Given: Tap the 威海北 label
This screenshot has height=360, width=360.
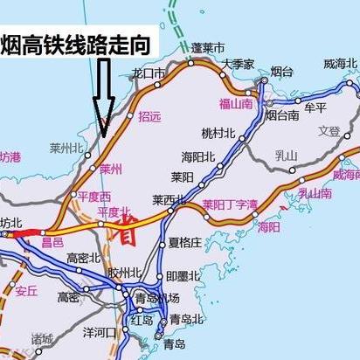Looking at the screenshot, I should (341, 64).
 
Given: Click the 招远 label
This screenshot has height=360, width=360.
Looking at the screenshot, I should (150, 116).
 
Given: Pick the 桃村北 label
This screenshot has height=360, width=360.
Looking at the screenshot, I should (218, 134).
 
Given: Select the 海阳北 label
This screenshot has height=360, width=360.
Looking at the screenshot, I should (197, 156).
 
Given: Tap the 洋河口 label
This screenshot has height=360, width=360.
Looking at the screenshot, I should (99, 332).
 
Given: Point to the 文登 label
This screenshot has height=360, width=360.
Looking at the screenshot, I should (329, 131).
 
